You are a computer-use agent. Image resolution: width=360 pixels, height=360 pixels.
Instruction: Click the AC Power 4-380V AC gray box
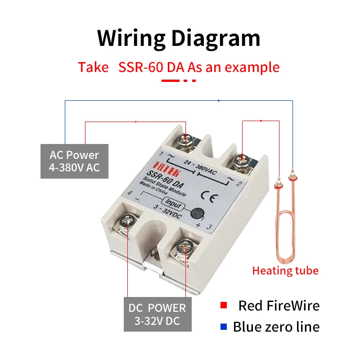[74, 161]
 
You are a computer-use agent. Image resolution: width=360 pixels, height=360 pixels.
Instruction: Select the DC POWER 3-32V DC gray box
[157, 315]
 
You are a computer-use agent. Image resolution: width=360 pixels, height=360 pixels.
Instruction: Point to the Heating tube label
[285, 271]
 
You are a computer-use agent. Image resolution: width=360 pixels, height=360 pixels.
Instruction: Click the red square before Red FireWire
[223, 306]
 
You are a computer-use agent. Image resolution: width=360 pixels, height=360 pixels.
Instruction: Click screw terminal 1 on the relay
[185, 140]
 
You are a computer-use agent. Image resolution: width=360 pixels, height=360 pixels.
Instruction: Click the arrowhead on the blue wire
[219, 100]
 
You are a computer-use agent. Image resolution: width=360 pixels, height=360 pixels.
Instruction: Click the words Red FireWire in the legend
[279, 306]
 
